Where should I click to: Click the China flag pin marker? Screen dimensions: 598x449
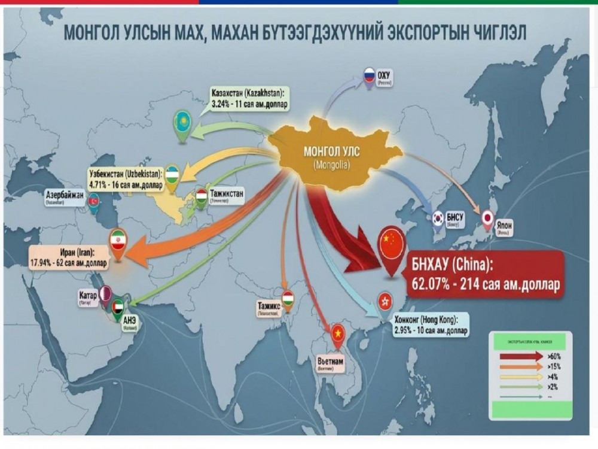[x=389, y=243]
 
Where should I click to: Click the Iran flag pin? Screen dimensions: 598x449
[x=118, y=241]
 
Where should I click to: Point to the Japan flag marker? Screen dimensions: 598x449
[x=488, y=219]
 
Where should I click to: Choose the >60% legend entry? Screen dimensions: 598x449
[x=553, y=356]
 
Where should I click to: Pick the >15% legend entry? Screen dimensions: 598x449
[x=553, y=366]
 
